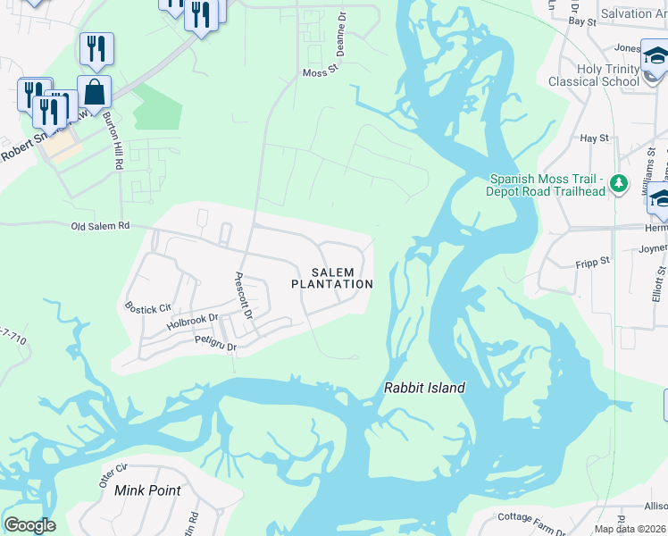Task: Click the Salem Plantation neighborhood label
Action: click(x=332, y=278)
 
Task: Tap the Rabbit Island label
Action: click(x=424, y=388)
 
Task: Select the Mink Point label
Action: click(x=147, y=490)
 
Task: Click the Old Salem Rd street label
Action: click(x=100, y=227)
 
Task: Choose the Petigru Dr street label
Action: click(x=214, y=344)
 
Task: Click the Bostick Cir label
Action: click(x=147, y=309)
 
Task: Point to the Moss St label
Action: click(x=317, y=73)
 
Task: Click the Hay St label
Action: click(x=594, y=138)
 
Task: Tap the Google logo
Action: click(x=29, y=524)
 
